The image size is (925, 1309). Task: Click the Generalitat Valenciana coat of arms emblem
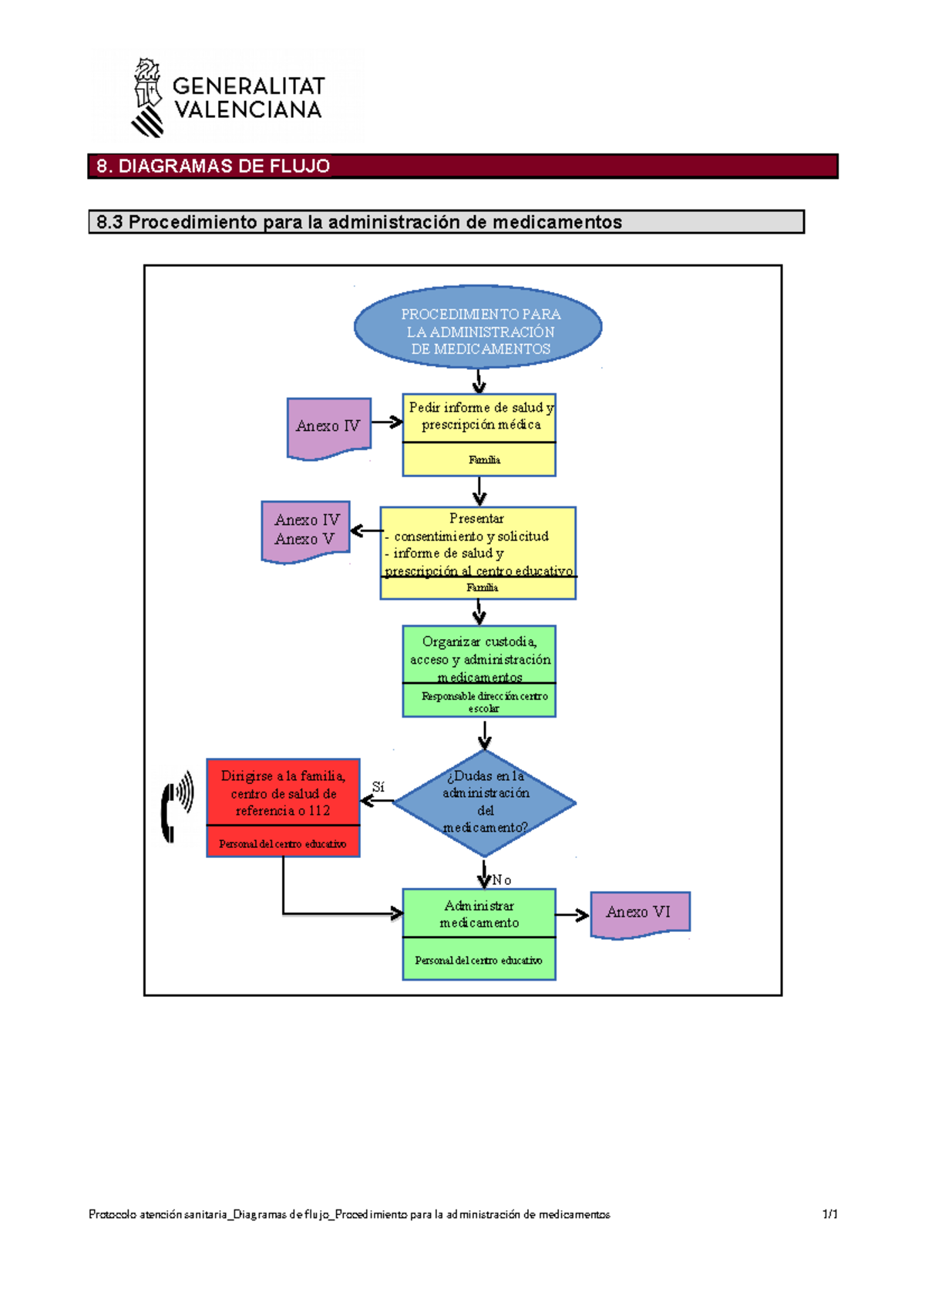(x=147, y=97)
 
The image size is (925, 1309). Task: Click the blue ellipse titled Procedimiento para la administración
(x=478, y=327)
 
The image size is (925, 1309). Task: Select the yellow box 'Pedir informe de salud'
(x=479, y=434)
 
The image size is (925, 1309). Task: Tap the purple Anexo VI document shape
(x=640, y=914)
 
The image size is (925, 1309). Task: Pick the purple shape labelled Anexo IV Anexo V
(x=306, y=530)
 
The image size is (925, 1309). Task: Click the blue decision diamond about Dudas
(x=484, y=803)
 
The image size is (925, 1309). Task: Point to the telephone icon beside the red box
(x=177, y=806)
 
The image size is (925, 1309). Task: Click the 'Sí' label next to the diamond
(x=378, y=787)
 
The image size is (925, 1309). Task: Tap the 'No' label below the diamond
(x=502, y=880)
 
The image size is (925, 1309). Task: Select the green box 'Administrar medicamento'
(x=479, y=934)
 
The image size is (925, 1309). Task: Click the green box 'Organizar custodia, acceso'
(x=479, y=671)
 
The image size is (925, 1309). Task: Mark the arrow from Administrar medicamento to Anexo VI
(x=572, y=915)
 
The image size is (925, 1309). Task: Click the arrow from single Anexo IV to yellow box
(x=387, y=422)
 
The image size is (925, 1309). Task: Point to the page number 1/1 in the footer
(x=829, y=1214)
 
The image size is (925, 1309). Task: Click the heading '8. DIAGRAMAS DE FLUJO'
(x=214, y=166)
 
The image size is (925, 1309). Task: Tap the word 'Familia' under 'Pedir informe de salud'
(x=484, y=460)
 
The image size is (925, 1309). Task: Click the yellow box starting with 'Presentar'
(x=478, y=553)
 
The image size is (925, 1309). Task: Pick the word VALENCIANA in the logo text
(x=247, y=110)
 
